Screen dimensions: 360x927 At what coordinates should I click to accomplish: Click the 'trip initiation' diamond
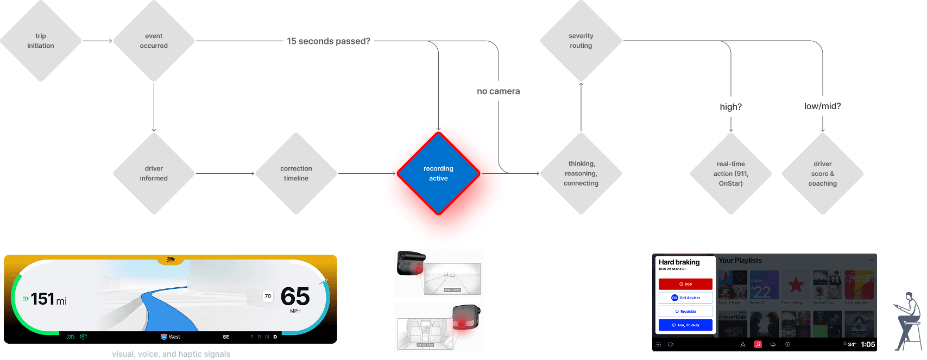click(41, 41)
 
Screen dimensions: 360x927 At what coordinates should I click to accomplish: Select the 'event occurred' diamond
click(154, 41)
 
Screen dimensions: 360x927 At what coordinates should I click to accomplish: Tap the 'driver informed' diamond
click(154, 173)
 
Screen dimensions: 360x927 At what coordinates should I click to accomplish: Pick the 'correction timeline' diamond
click(296, 173)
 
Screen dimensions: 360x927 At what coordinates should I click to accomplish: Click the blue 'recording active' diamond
click(438, 173)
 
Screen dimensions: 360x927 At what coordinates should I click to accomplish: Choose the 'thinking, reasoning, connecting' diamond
click(581, 173)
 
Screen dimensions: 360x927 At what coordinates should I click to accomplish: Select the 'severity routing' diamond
click(581, 41)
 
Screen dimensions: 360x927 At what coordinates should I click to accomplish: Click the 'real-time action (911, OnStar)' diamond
click(730, 173)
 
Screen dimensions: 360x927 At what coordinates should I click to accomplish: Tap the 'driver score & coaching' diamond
click(822, 173)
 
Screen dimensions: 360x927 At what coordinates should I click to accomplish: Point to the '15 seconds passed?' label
click(329, 41)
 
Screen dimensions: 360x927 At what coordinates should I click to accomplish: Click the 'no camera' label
click(498, 91)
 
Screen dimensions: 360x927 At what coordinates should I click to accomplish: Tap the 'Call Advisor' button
click(685, 298)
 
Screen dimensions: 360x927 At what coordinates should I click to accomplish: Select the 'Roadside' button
click(685, 311)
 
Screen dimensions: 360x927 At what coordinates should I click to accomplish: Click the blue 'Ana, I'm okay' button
click(685, 325)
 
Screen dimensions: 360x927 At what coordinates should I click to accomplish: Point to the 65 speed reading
click(295, 297)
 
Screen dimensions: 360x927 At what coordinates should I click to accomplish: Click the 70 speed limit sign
click(268, 296)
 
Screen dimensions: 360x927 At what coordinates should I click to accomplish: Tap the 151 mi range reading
click(48, 299)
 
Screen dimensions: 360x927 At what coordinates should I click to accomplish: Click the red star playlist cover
click(796, 285)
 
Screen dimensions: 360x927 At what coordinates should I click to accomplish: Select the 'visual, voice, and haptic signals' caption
click(171, 354)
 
